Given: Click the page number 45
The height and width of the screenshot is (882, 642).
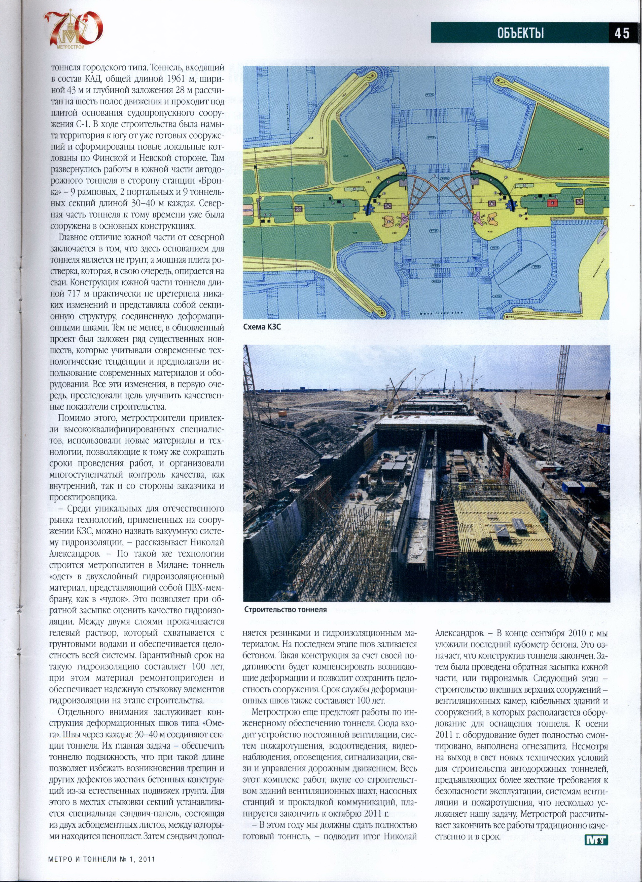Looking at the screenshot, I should pos(622,33).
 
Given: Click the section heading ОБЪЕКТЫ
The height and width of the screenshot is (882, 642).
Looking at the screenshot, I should pos(521,33).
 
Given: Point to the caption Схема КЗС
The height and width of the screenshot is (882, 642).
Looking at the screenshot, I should pos(262,327).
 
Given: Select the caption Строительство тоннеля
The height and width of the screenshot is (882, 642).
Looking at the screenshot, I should pos(286,609).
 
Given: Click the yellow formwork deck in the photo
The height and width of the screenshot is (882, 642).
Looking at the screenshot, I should pos(502,525).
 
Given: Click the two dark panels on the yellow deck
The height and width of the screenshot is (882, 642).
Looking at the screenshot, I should pos(510,526).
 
